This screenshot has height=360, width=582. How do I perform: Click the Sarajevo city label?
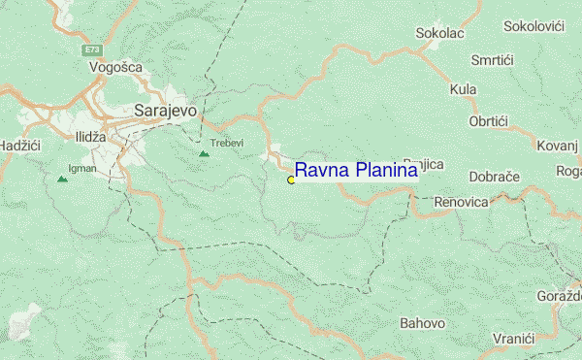[x=165, y=111]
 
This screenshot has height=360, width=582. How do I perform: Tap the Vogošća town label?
[x=115, y=67]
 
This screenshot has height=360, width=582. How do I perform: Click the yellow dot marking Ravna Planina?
[x=291, y=180]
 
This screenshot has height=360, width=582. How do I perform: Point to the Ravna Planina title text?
[x=356, y=171]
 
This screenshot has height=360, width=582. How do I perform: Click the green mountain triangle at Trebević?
[x=204, y=153]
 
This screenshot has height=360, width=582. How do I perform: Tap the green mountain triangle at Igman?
[x=63, y=179]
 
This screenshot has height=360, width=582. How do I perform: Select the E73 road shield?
[x=92, y=49]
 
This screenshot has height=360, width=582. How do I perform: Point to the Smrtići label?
[x=491, y=60]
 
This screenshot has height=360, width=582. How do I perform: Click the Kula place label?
[x=464, y=90]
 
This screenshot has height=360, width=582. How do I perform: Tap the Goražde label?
[x=559, y=295]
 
